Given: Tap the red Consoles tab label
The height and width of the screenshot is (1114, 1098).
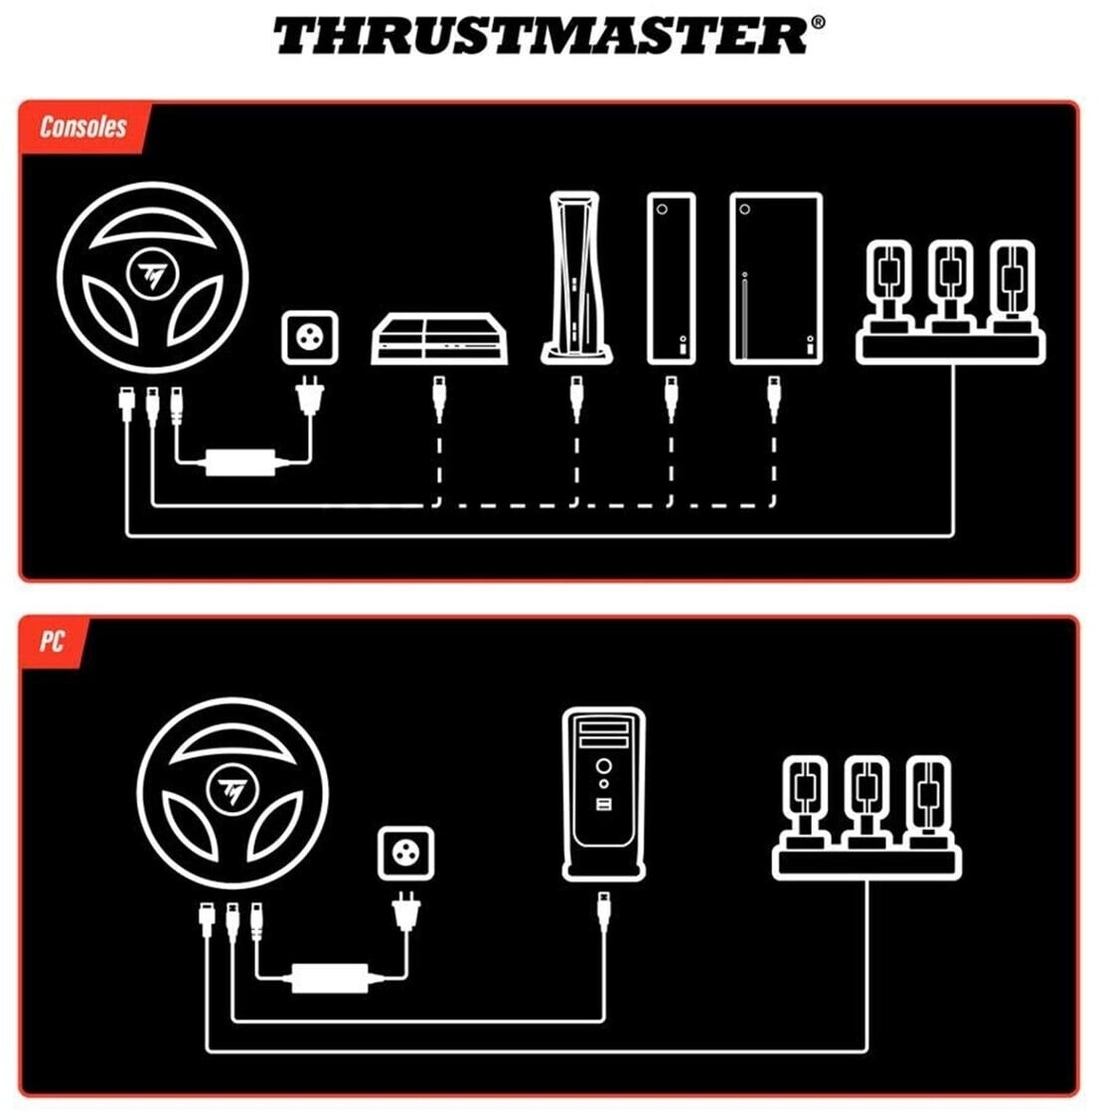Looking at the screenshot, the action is pos(83,127).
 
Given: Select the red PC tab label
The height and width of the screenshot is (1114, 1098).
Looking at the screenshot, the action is pos(52,641).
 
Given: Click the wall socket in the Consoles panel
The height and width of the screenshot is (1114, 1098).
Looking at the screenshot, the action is pos(310,338).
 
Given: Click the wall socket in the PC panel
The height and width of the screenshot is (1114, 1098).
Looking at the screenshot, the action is pos(405,853).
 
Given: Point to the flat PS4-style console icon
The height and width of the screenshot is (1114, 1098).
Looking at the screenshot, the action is pos(439,339).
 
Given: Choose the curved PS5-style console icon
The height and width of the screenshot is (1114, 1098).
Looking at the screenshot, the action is pos(576,278).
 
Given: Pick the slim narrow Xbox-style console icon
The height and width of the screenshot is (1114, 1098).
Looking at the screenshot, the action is pos(671,278).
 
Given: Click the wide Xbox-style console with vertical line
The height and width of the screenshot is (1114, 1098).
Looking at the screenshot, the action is pos(776,278).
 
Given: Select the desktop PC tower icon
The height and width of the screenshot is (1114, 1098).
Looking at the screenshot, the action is pos(604,794).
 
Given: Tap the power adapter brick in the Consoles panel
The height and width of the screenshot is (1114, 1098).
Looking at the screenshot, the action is pos(240,462).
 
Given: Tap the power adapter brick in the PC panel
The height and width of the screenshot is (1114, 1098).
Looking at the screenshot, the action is pos(330,978).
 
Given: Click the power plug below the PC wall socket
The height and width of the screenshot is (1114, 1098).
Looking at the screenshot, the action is pos(405,912).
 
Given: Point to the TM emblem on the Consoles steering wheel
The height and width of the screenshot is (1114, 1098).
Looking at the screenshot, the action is pos(152,274).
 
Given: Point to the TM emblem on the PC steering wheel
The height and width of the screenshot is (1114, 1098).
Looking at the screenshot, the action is pos(232,790).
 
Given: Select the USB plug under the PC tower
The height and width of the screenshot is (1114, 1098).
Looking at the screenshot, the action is pos(604,912).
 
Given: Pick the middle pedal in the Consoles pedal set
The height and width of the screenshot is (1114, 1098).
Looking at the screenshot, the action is pos(950,285).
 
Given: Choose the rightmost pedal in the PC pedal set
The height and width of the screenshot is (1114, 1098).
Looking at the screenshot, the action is pos(928,801).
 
